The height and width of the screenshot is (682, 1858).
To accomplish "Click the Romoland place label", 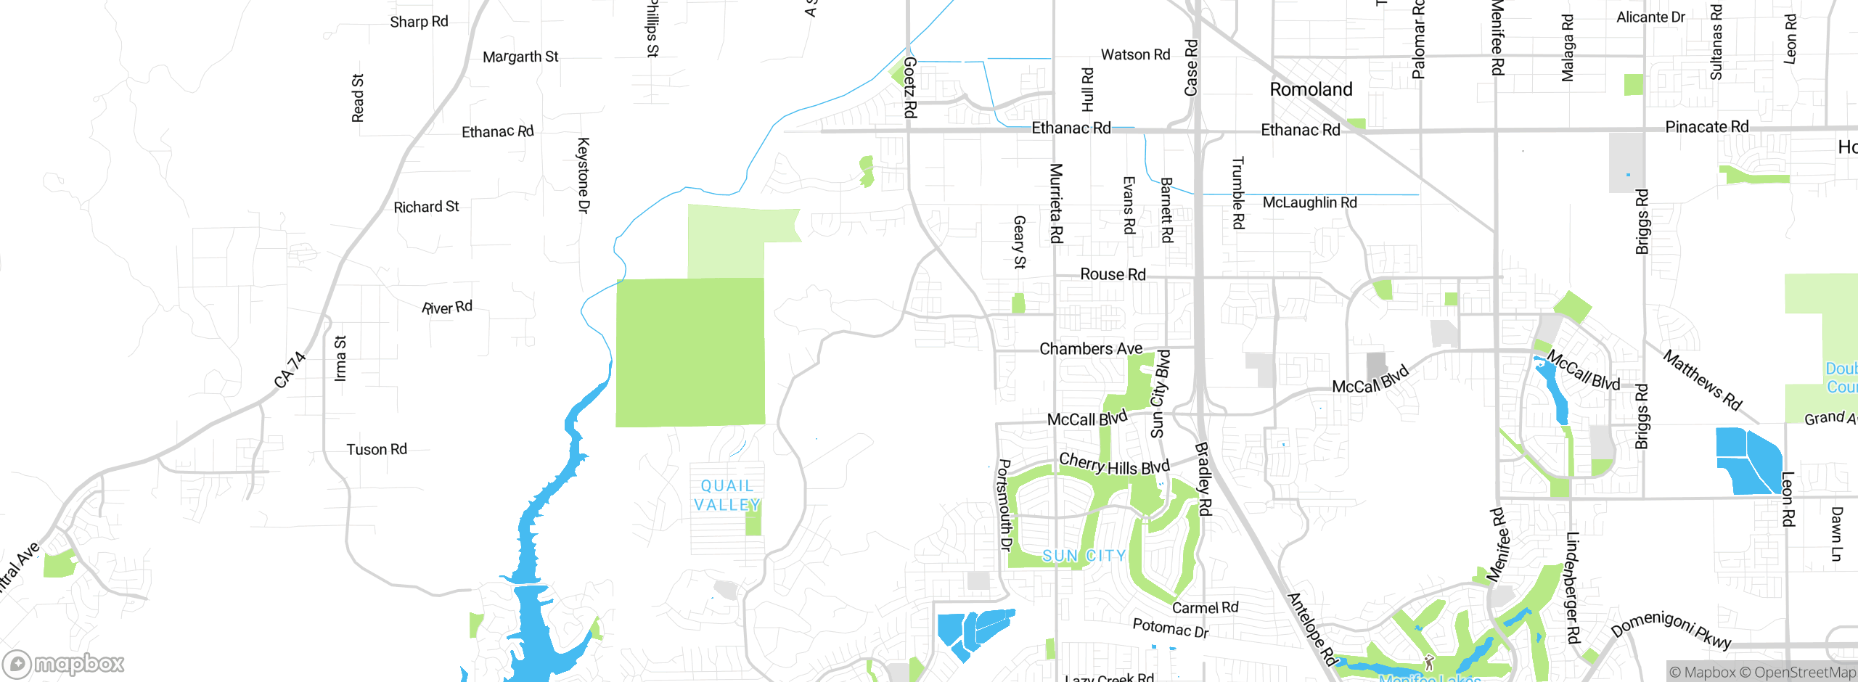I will click(1311, 89).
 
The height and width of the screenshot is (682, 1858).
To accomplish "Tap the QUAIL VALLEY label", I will click(727, 496).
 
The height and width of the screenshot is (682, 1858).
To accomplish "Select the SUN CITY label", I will click(1084, 556).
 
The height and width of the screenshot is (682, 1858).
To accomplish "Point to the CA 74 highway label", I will click(290, 369).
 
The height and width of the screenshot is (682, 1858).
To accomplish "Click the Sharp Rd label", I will click(419, 22).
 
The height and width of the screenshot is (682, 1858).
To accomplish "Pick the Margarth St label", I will click(520, 57).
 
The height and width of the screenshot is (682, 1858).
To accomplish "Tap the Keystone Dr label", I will click(584, 176).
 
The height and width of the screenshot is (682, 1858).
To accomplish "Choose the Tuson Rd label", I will click(377, 450).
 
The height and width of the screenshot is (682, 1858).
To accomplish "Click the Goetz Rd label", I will click(910, 88).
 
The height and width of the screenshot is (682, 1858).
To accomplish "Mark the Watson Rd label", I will click(1135, 55).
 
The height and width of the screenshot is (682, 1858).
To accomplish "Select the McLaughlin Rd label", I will click(1309, 202).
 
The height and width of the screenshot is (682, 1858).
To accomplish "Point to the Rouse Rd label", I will click(1113, 274).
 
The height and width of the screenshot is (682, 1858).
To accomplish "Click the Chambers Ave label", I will click(1091, 349).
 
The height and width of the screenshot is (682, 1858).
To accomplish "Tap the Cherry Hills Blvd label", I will click(1114, 464).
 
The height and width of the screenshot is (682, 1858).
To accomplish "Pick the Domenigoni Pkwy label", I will click(1671, 628).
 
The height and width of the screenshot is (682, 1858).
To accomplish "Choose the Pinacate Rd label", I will click(1706, 127).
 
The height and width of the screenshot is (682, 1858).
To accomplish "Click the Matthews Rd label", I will click(1702, 380).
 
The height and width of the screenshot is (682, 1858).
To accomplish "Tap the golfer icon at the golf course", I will click(1429, 662).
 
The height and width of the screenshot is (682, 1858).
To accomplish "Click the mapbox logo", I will click(64, 664).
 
